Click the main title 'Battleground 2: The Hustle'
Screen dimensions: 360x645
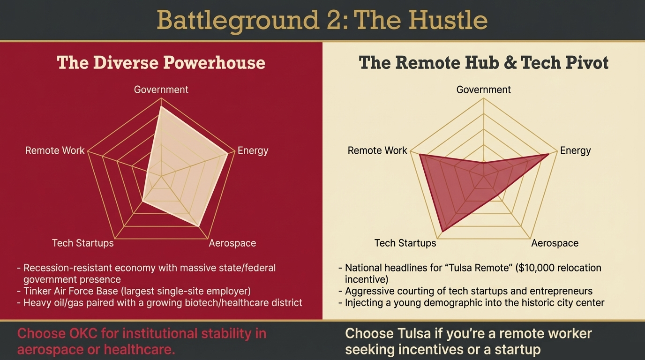tap(322, 20)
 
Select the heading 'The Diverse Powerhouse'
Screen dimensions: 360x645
tap(161, 62)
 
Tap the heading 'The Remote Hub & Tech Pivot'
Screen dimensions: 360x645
tap(483, 62)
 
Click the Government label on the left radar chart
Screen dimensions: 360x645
tap(161, 90)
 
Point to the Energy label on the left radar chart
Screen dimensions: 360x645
tap(253, 150)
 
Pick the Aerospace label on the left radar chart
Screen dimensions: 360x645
tap(232, 243)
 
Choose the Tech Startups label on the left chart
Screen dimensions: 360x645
tap(82, 243)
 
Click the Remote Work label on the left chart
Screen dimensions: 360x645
tap(55, 150)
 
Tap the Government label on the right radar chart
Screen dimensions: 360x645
tap(483, 90)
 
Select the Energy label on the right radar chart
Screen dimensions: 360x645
tap(575, 150)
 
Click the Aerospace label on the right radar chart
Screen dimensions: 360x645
tap(555, 243)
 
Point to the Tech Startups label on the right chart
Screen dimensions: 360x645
tap(405, 243)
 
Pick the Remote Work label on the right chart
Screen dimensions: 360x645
tap(377, 150)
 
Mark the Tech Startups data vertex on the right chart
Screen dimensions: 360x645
tap(442, 232)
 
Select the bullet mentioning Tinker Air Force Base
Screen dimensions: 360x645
tap(137, 291)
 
